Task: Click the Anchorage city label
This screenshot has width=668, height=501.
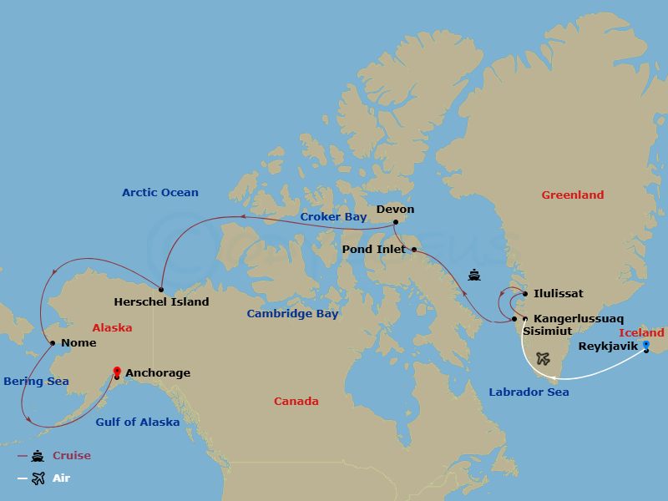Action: (x=157, y=373)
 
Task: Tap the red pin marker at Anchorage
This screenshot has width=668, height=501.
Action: (x=117, y=371)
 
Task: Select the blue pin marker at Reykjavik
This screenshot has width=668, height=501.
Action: (x=645, y=344)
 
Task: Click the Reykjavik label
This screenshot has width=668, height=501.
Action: (x=608, y=346)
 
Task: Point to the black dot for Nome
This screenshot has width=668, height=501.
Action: (x=53, y=342)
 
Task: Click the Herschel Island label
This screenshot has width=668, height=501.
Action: (x=161, y=301)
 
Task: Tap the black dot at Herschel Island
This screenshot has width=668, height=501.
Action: (x=161, y=288)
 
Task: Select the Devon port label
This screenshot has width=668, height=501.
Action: (x=395, y=210)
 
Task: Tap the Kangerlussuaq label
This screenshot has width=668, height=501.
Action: (x=578, y=319)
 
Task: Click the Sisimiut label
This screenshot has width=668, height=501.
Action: (x=547, y=331)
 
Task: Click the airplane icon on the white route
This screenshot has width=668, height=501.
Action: (x=544, y=358)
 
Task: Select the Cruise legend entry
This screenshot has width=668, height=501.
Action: (x=71, y=456)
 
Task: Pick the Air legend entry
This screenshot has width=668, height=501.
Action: (x=61, y=478)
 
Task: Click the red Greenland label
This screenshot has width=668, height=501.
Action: (x=572, y=195)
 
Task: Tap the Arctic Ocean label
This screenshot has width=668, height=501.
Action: (x=160, y=193)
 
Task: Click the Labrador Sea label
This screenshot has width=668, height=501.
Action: (x=529, y=392)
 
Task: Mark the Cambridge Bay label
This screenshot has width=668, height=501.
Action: (x=292, y=314)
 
